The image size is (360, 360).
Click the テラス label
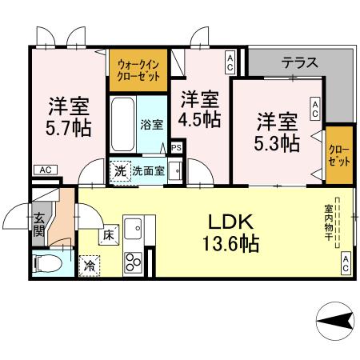pyautogui.click(x=299, y=61)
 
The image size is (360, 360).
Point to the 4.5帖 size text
pyautogui.click(x=199, y=110)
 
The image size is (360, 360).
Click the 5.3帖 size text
pyautogui.click(x=278, y=133)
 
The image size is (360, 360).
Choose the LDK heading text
pyautogui.click(x=232, y=222)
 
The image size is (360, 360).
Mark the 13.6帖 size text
pyautogui.click(x=232, y=244)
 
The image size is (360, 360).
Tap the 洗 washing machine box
pyautogui.click(x=119, y=170)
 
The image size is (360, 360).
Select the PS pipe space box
pyautogui.click(x=176, y=148)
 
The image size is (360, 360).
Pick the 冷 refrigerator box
pyautogui.click(x=88, y=265)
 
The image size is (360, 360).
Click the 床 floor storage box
pyautogui.click(x=109, y=235)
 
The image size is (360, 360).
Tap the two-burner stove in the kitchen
pyautogui.click(x=133, y=262)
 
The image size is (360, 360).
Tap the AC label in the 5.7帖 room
pyautogui.click(x=46, y=170)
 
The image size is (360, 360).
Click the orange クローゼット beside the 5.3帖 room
pyautogui.click(x=339, y=155)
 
